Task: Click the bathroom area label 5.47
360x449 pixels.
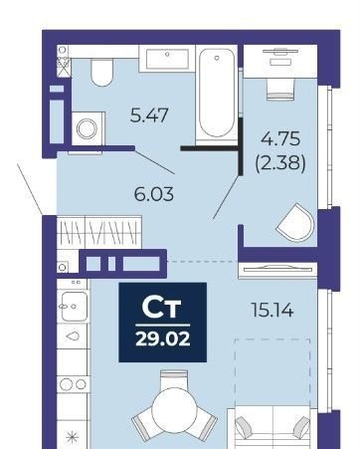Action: (149, 115)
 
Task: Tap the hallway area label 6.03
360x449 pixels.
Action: (154, 194)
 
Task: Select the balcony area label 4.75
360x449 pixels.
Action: (280, 138)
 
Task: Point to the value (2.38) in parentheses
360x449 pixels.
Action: (280, 163)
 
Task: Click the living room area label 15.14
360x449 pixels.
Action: (272, 310)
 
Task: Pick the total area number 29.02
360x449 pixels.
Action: (163, 339)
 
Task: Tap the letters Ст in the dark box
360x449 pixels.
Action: (161, 307)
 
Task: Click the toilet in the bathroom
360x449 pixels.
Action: (102, 72)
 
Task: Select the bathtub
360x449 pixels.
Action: (217, 94)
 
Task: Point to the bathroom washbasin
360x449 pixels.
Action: (167, 59)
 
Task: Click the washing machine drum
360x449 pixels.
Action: (87, 128)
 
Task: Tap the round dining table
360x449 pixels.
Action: (174, 410)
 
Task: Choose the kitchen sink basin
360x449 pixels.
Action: (75, 306)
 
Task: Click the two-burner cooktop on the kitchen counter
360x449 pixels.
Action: (74, 384)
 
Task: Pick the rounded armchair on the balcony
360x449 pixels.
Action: (295, 222)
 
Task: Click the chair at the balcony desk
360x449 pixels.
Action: (280, 90)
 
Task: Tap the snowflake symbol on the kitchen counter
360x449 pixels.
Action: (72, 438)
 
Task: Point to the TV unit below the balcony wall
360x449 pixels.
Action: (277, 270)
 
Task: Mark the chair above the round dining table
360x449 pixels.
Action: (173, 379)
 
